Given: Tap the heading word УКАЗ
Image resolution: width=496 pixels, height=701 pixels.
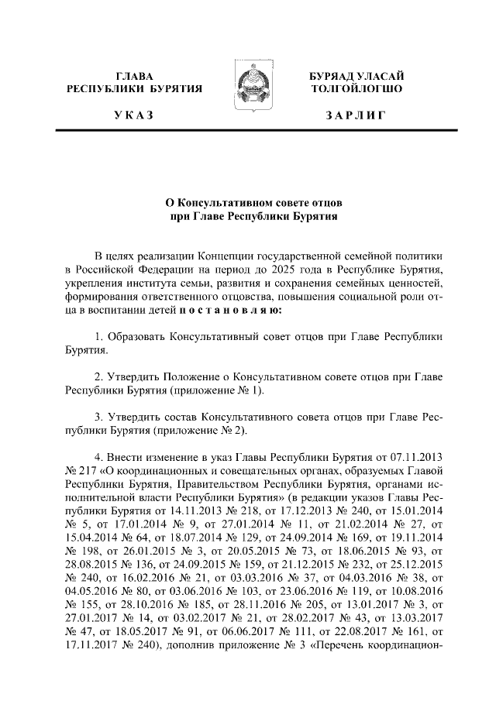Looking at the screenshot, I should pos(134,116).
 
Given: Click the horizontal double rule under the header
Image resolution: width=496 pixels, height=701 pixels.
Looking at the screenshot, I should pos(248,132).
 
